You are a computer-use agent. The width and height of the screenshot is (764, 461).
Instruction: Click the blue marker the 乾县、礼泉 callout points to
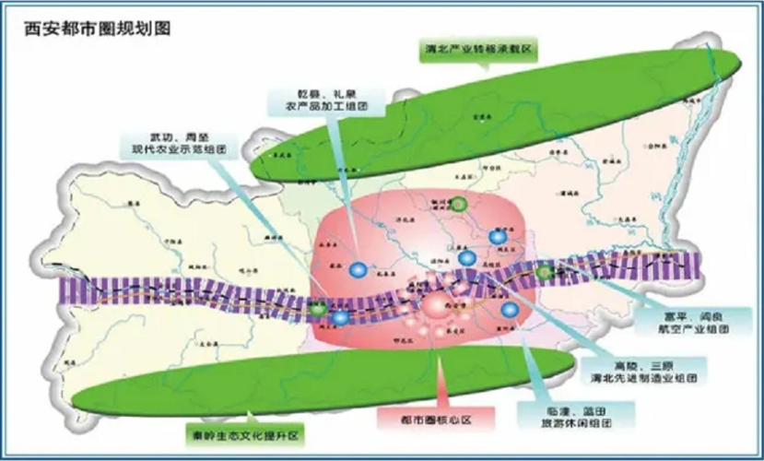(x=358, y=270)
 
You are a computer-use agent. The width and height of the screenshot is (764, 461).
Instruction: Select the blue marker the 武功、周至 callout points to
(x=341, y=318)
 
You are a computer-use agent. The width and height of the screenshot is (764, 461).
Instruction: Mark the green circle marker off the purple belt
(x=457, y=204)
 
